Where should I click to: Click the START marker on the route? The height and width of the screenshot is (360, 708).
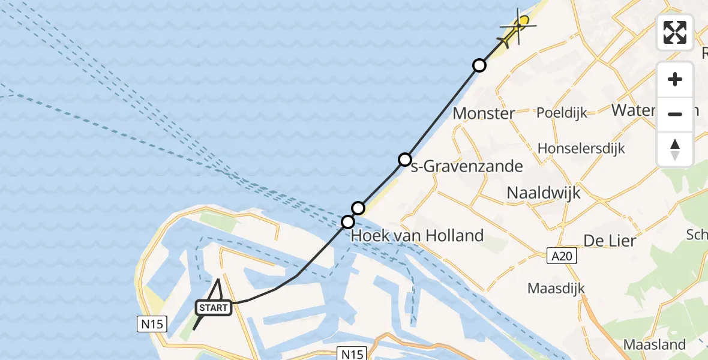pyautogui.click(x=213, y=308)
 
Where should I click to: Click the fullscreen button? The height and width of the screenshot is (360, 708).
pyautogui.click(x=675, y=32)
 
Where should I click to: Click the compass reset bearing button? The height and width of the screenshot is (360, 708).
pyautogui.click(x=675, y=149)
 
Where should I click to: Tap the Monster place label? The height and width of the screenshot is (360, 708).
pyautogui.click(x=484, y=113)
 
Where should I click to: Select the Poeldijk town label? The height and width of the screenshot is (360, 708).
pyautogui.click(x=562, y=112)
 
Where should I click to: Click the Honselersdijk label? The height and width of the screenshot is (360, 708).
pyautogui.click(x=581, y=148)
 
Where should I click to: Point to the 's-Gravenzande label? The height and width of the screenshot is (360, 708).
pyautogui.click(x=466, y=166)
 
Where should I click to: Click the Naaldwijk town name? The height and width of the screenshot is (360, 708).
pyautogui.click(x=544, y=192)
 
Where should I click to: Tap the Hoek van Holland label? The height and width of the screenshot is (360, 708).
pyautogui.click(x=417, y=235)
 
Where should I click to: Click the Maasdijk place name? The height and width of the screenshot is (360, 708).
pyautogui.click(x=556, y=289)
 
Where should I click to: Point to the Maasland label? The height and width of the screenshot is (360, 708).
pyautogui.click(x=654, y=344)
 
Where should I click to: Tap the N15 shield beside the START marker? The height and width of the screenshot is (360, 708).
pyautogui.click(x=151, y=325)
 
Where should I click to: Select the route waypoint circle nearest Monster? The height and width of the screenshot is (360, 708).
pyautogui.click(x=479, y=65)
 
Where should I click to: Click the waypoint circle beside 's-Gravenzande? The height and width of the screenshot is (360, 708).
pyautogui.click(x=405, y=160)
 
